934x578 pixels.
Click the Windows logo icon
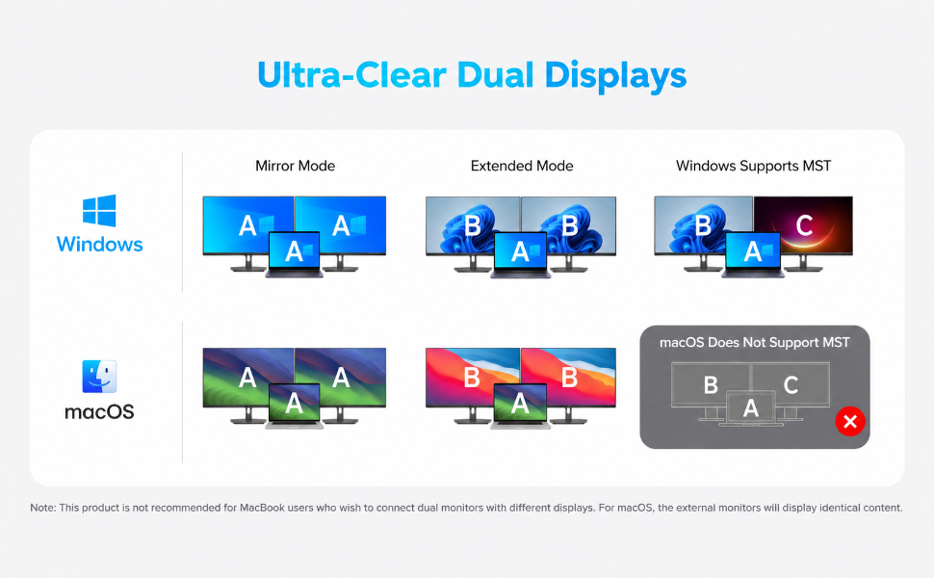point(99,210)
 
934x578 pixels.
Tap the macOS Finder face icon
point(99,376)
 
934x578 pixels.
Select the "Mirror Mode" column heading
point(296,166)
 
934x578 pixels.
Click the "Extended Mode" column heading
point(522,166)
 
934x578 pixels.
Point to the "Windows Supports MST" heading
point(754,166)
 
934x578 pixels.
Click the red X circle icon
point(850,421)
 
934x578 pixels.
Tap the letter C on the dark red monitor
point(805,225)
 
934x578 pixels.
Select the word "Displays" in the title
point(615,76)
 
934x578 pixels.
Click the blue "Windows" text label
point(99,244)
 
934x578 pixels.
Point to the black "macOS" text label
point(99,411)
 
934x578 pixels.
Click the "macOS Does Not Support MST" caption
point(755,343)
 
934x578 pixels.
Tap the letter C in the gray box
point(791,385)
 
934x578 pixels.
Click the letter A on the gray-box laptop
point(751,408)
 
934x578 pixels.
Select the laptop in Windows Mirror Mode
point(294,254)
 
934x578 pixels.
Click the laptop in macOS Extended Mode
point(520,407)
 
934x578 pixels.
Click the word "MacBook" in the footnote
point(262,508)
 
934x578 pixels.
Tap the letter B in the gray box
point(711,385)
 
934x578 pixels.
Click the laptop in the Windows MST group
point(753,254)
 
